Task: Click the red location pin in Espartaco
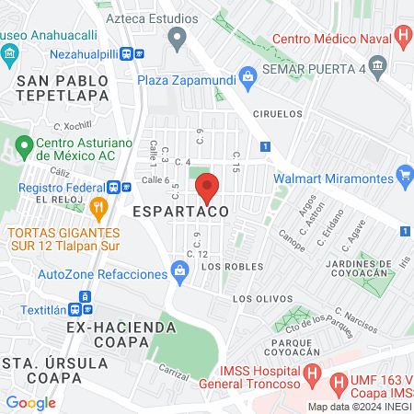pyautogui.click(x=207, y=187)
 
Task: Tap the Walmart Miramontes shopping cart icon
pyautogui.click(x=404, y=174)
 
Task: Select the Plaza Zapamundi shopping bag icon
pyautogui.click(x=246, y=75)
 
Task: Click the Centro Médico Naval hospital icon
pyautogui.click(x=403, y=38)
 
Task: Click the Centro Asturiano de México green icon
pyautogui.click(x=23, y=144)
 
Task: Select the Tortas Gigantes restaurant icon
pyautogui.click(x=99, y=207)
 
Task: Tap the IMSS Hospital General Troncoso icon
pyautogui.click(x=313, y=375)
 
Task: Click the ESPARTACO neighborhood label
pyautogui.click(x=179, y=212)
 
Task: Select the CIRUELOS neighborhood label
pyautogui.click(x=276, y=114)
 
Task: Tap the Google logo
pyautogui.click(x=30, y=402)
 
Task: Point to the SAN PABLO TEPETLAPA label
pyautogui.click(x=63, y=87)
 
